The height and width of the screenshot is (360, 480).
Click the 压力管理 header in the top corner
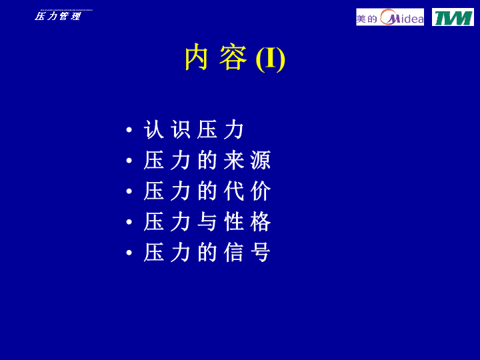coord(57,16)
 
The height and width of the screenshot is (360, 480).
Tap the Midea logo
coord(390,17)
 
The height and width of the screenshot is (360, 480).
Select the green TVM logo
coord(453,17)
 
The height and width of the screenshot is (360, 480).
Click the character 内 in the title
coord(197,57)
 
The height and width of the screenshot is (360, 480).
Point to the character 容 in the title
coord(233,57)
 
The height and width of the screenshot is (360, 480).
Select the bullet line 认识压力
coord(194,129)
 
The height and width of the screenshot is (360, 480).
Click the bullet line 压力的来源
coord(207,160)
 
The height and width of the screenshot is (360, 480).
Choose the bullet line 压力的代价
coord(207,191)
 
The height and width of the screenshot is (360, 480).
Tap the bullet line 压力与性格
coord(207,221)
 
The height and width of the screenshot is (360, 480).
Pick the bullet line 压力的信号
coord(207,252)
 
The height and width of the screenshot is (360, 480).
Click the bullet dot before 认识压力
coord(129,130)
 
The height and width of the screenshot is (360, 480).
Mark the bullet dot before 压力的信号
coord(129,253)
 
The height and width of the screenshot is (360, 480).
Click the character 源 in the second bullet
coord(261,160)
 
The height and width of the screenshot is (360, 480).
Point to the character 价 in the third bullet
coord(261,191)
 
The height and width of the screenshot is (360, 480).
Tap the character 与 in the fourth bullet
coord(207,221)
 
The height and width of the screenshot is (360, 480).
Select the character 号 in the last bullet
coord(261,252)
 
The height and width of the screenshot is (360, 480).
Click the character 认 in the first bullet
coord(154,129)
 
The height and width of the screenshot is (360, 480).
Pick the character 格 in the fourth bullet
coord(261,221)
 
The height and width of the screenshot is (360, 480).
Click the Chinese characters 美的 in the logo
coord(367,19)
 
